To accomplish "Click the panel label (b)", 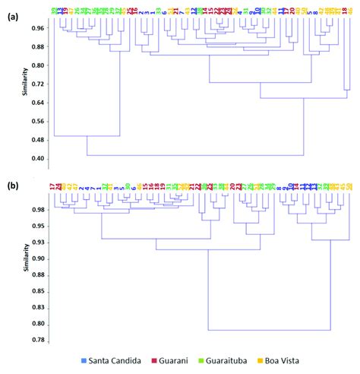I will [11, 185].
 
